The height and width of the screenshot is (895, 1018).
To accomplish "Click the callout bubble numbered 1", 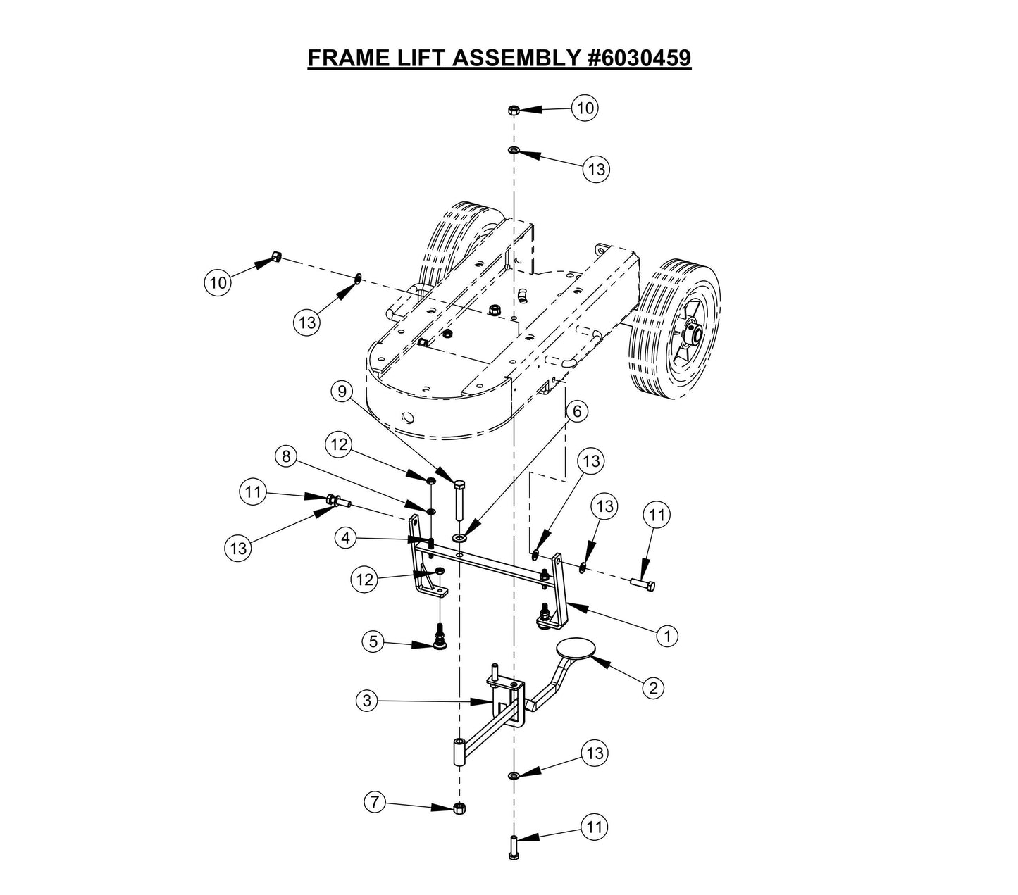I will pos(666,635).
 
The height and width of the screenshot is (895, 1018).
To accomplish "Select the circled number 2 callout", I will pos(653,687).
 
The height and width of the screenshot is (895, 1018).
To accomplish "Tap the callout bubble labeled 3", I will pos(366,701).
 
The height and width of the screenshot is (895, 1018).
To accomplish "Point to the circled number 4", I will pos(345,539).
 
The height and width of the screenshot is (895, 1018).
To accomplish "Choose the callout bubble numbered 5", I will pos(373,641).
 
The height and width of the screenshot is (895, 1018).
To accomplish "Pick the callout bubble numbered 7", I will pos(375,801).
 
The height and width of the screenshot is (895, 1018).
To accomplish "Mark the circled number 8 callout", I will pos(285,456).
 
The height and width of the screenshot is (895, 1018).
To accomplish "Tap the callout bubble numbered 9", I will pos(342,391).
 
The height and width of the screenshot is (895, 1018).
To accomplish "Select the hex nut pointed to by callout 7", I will pos(459,808).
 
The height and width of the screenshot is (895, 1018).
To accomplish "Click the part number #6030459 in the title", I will pos(639,58).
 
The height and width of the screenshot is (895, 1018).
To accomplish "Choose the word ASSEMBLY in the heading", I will pos(517,58).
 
